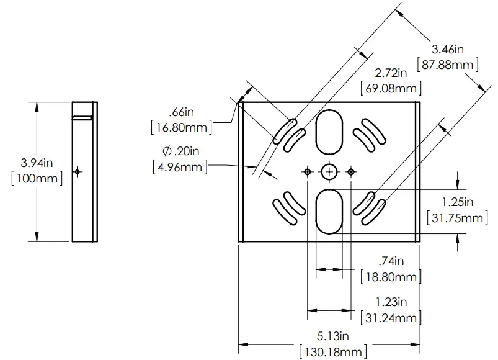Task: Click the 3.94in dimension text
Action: (38, 163)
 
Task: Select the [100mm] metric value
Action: (38, 179)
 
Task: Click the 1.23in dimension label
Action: (391, 302)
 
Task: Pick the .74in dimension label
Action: (391, 261)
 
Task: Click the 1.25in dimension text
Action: (458, 202)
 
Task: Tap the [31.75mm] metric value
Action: (458, 217)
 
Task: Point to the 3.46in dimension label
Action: (449, 48)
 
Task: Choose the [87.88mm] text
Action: (449, 64)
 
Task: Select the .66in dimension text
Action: (182, 112)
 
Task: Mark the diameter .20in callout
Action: (180, 150)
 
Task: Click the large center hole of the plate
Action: (329, 171)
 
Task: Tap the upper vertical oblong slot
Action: (329, 132)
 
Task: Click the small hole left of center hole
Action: (307, 171)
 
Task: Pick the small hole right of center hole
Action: (351, 171)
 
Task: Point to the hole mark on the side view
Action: (77, 171)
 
